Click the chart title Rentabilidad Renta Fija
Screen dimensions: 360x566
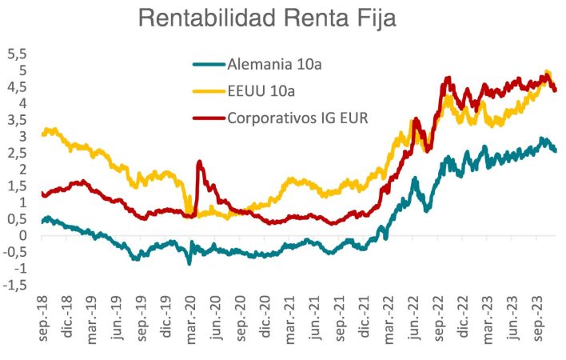coord(267,18)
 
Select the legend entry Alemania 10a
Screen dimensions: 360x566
coord(279,63)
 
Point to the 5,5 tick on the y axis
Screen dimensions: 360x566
coord(17,54)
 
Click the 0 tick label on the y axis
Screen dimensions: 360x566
coord(23,236)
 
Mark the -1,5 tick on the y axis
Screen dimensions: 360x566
coord(15,286)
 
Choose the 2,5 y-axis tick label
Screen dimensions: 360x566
coord(17,153)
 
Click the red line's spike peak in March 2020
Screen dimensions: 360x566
coord(199,162)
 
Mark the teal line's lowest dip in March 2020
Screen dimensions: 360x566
coord(189,263)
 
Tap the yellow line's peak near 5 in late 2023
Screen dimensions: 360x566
coord(547,71)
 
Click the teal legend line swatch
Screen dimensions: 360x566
coord(209,63)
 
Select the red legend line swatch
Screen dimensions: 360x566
coord(209,118)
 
